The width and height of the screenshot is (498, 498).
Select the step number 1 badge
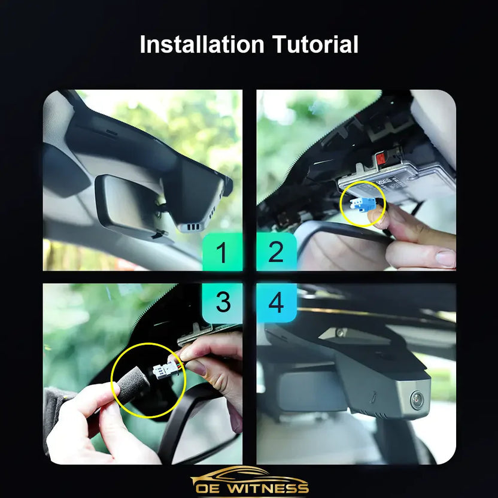pyautogui.click(x=222, y=252)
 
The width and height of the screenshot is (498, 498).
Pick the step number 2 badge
pyautogui.click(x=276, y=252)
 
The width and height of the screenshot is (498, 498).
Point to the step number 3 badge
pyautogui.click(x=222, y=303)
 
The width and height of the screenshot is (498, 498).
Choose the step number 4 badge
pyautogui.click(x=276, y=303)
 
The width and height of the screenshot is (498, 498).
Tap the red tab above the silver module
pyautogui.click(x=381, y=159)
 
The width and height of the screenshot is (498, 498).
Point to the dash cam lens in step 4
pyautogui.click(x=416, y=400)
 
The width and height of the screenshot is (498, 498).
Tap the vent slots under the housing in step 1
pyautogui.click(x=191, y=227)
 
